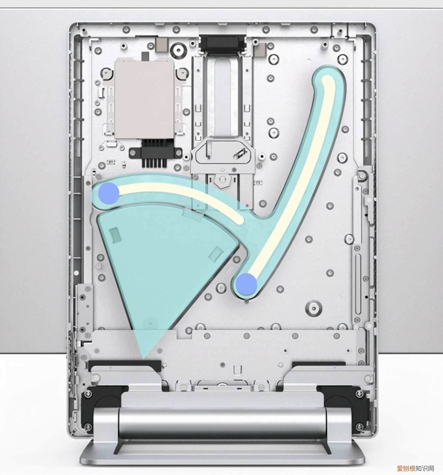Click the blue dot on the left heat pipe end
pyautogui.click(x=109, y=193)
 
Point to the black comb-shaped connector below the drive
pyautogui.click(x=155, y=153)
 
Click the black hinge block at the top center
pyautogui.click(x=223, y=44)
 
